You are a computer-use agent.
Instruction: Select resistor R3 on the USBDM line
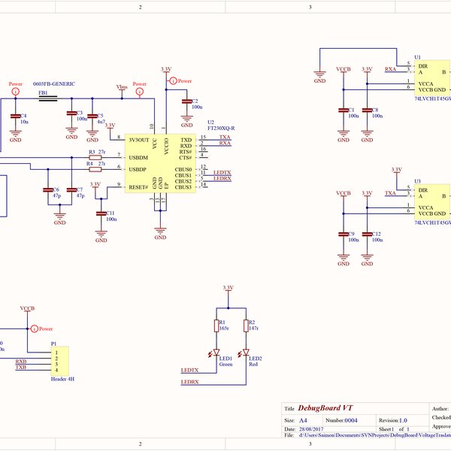[95, 158]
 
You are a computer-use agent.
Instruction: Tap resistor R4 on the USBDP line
[95, 169]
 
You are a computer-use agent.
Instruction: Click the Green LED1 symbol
[216, 353]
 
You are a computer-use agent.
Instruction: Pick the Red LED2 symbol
[246, 353]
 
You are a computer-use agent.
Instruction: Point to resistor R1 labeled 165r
[216, 325]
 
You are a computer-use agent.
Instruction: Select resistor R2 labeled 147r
[246, 325]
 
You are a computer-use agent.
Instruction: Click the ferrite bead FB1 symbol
[47, 98]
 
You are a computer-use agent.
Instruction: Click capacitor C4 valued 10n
[15, 117]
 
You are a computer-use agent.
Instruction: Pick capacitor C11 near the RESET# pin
[101, 213]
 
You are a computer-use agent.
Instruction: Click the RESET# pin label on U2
[138, 187]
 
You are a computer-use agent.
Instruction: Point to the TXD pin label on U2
[186, 140]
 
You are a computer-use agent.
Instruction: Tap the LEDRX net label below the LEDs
[189, 383]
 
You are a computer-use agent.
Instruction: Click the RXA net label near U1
[391, 69]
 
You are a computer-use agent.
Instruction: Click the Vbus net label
[123, 87]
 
